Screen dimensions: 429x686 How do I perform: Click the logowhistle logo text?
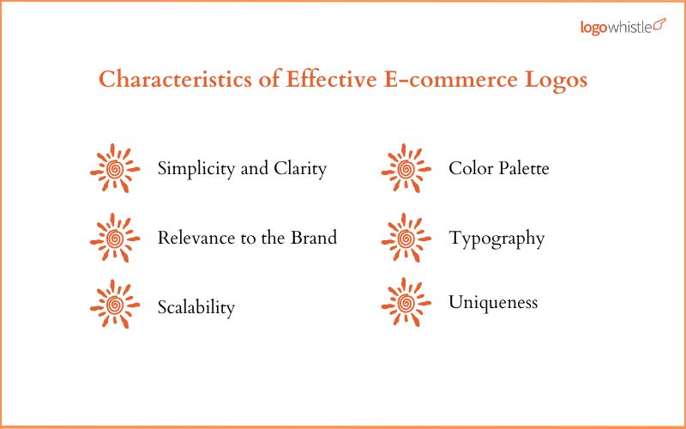pos(616,27)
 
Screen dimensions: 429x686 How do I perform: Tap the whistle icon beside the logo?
pos(659,25)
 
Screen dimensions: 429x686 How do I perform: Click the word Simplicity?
pos(196,169)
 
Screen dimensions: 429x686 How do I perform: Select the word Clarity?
pos(299,169)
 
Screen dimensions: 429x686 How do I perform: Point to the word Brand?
pos(313,238)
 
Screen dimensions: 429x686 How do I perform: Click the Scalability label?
pos(196,307)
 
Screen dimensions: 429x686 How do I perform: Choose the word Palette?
pos(521,168)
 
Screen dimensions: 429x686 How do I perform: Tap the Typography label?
pos(496,239)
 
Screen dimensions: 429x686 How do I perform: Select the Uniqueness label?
pos(493,303)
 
